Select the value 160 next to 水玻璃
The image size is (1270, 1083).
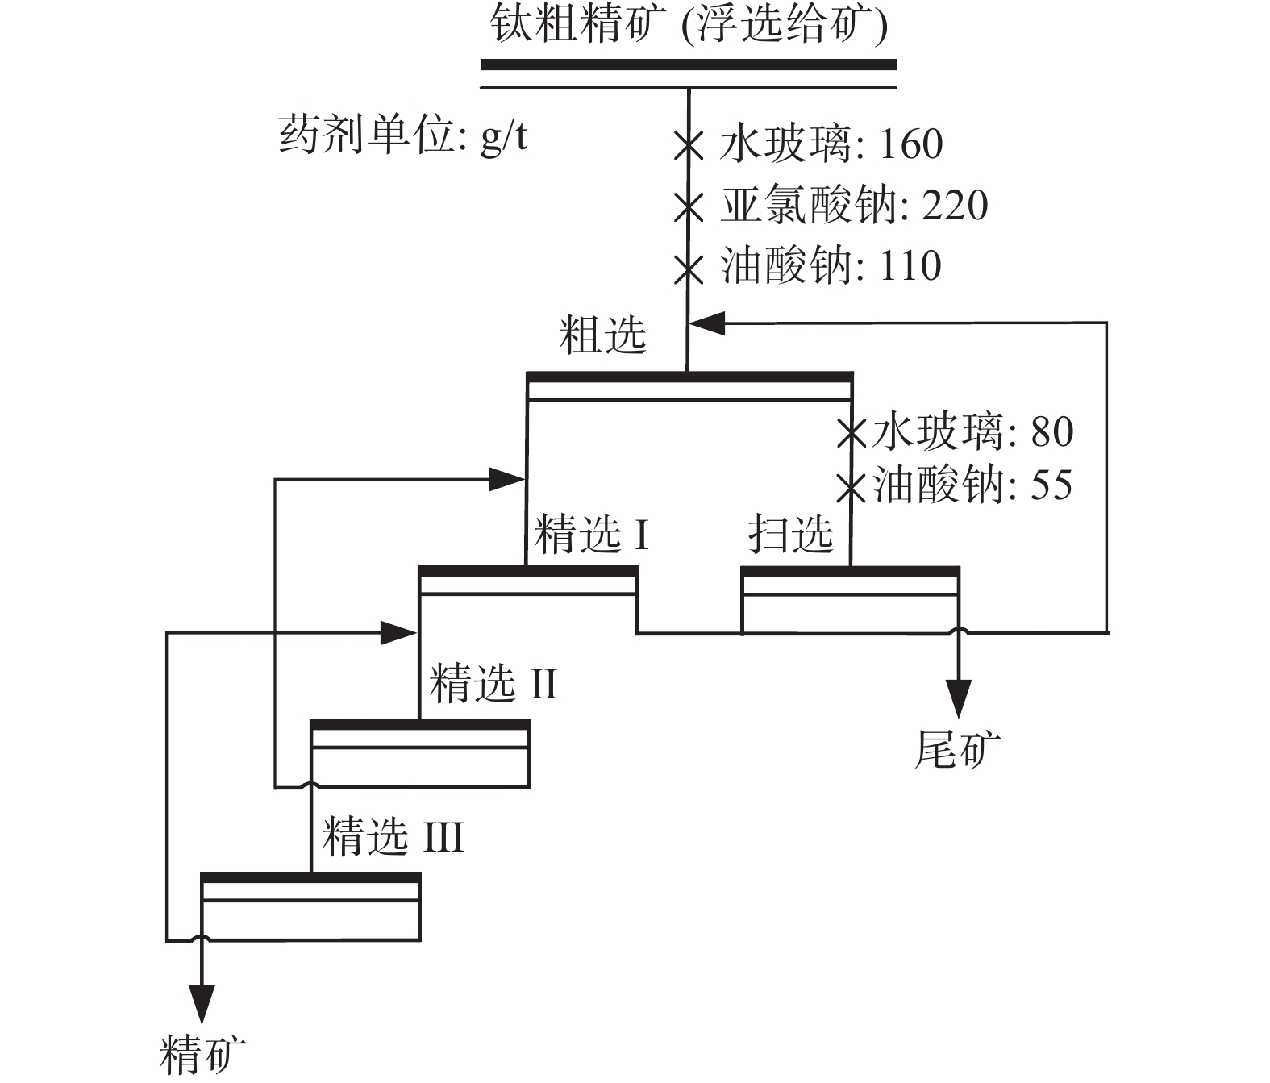pyautogui.click(x=910, y=144)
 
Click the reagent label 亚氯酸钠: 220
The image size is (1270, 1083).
pyautogui.click(x=854, y=205)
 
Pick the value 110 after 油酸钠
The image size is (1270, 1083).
pyautogui.click(x=910, y=266)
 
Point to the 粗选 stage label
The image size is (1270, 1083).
pyautogui.click(x=603, y=335)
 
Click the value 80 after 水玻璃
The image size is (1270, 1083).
pyautogui.click(x=1052, y=431)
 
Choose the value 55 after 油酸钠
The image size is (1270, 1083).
pyautogui.click(x=1051, y=485)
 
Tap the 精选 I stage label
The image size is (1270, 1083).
pyautogui.click(x=591, y=534)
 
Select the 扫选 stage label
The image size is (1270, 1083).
pyautogui.click(x=790, y=534)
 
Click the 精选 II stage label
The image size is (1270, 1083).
pyautogui.click(x=493, y=685)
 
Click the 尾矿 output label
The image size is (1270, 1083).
pyautogui.click(x=957, y=749)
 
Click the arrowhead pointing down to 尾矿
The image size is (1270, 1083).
pyautogui.click(x=958, y=698)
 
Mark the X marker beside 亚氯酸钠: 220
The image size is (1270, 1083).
pyautogui.click(x=688, y=208)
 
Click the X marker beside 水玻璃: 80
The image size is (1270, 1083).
pyautogui.click(x=852, y=433)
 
